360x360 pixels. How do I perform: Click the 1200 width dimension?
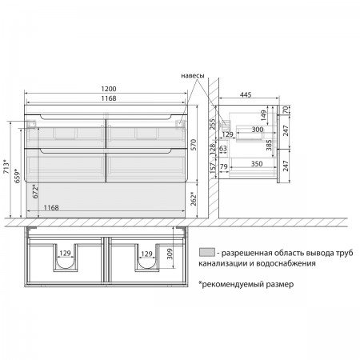click(109, 89)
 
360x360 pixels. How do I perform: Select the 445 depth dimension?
click(246, 95)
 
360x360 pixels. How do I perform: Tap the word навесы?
click(193, 76)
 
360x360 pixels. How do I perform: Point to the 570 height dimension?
click(194, 145)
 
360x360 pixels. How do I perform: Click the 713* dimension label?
click(6, 166)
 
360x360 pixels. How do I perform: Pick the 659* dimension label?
click(18, 176)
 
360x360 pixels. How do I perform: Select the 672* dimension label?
click(35, 191)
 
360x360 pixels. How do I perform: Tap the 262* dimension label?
click(194, 199)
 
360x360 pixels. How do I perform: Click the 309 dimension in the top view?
click(170, 254)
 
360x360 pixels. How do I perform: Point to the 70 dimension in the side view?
click(286, 110)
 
